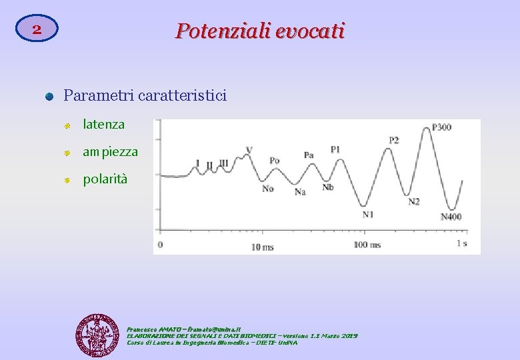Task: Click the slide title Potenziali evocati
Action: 260,31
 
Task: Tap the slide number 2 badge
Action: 37,30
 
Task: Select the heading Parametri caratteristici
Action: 145,95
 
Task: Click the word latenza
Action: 103,124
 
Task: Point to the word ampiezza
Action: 110,152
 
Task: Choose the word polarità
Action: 105,179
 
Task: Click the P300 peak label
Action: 441,127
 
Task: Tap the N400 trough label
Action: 451,217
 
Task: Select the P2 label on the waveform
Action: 394,140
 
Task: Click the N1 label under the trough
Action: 368,215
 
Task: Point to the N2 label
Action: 414,201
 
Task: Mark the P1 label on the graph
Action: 335,149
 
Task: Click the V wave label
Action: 249,149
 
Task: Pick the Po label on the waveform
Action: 275,161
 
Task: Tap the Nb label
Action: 328,187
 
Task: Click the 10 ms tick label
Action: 262,247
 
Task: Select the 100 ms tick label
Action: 367,245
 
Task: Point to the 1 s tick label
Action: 461,243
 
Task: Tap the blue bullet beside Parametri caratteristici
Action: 49,97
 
